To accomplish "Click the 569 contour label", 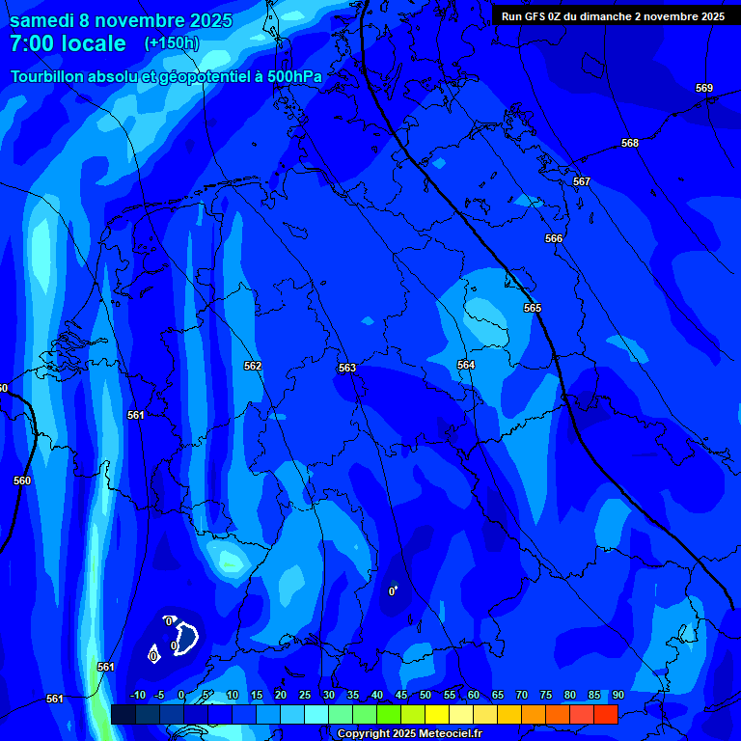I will pos(704,88).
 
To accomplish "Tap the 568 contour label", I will pos(630,143).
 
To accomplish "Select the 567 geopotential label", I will pos(581,181).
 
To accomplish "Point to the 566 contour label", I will pos(553,238).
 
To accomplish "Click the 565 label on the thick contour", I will pos(533,308).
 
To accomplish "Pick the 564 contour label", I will pos(466,365).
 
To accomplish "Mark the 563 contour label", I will pos(347,368).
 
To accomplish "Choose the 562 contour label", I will pos(253,366).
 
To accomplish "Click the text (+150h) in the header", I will pos(172,43).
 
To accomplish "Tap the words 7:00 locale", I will pos(68,43).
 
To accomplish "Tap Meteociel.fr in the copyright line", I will pos(444,734).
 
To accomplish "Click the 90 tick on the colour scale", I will pos(617,695).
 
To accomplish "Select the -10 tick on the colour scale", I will pos(137,695).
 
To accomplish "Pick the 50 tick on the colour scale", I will pos(425,695).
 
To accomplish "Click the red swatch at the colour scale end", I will pos(605,714).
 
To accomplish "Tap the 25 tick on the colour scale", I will pos(305,695).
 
